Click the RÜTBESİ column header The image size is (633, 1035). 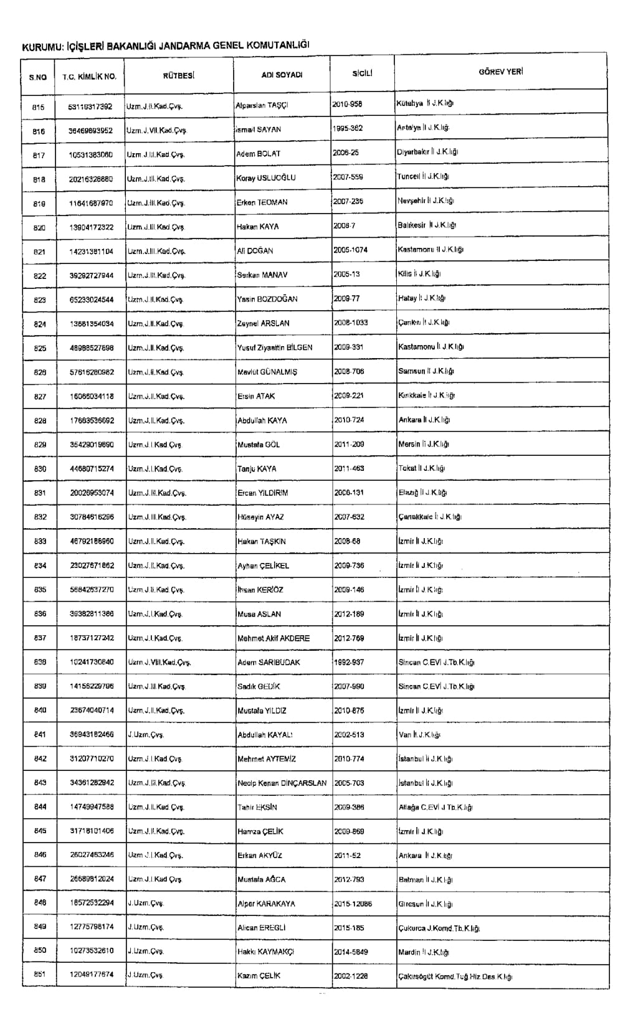179,75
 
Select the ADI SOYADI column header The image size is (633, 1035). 282,75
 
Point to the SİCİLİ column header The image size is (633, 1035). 362,73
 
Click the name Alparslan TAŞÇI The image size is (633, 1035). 262,105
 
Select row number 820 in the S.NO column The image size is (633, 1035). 39,227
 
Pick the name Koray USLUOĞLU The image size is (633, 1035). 266,178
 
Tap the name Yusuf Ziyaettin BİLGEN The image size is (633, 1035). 275,347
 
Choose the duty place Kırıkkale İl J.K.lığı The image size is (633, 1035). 427,395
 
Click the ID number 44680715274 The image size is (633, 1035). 92,469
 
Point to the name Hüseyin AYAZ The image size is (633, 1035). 260,517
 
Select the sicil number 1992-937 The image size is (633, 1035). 349,662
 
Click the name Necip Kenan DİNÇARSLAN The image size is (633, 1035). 282,783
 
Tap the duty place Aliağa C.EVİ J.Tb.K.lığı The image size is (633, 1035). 435,807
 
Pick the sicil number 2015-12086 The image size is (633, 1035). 353,904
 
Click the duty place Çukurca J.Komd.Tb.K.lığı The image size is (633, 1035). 439,928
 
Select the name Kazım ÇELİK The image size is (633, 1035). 259,976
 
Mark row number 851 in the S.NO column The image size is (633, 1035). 39,975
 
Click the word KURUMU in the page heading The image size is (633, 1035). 41,46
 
